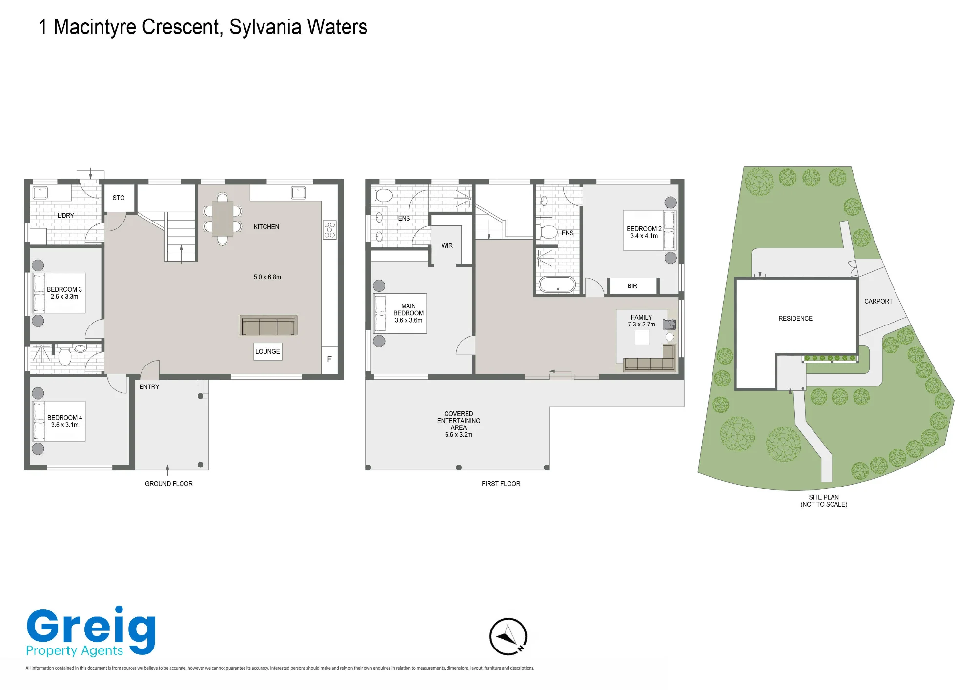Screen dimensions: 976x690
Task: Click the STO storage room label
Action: [x=119, y=198]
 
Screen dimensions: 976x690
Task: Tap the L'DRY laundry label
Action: [x=66, y=215]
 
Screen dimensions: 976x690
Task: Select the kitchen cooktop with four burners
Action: [x=330, y=230]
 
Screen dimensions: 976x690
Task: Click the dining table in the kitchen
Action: [x=223, y=219]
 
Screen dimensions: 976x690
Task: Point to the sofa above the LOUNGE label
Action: [x=268, y=325]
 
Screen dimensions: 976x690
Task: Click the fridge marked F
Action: [x=329, y=359]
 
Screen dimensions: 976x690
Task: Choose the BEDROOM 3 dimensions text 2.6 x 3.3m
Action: [x=64, y=297]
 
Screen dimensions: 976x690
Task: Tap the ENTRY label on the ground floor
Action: [x=149, y=387]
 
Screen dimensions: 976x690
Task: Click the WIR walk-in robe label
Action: [x=447, y=245]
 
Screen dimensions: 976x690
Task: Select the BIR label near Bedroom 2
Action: [x=632, y=286]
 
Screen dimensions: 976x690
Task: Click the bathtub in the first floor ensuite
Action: [x=557, y=284]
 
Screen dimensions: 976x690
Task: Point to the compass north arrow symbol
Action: [x=508, y=636]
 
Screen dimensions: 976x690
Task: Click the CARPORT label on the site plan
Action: [x=878, y=301]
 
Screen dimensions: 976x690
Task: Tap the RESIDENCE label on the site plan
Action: [x=795, y=318]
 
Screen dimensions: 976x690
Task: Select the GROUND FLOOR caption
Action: [x=169, y=484]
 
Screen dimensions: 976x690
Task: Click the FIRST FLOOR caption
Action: [x=501, y=484]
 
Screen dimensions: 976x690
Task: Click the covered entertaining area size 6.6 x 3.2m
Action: [x=459, y=435]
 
